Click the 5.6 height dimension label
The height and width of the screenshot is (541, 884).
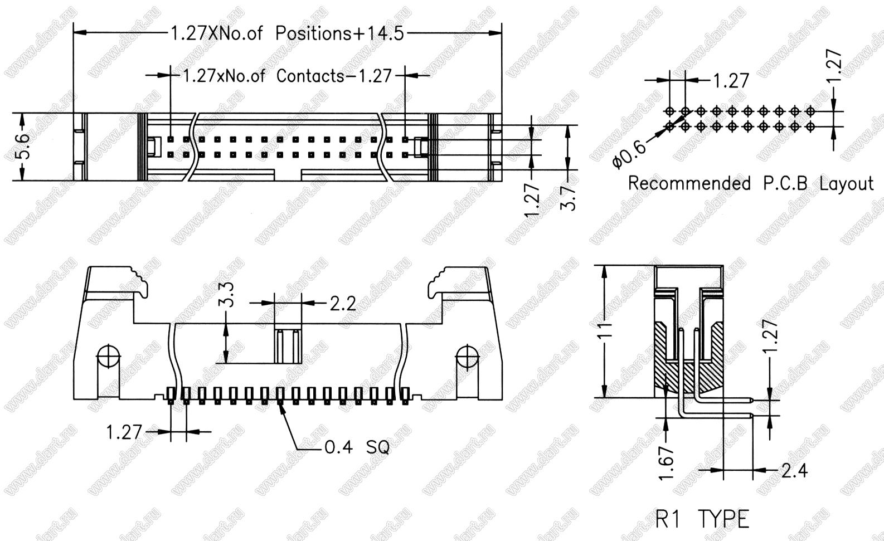[x=23, y=147]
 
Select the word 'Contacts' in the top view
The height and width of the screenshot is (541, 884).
[x=310, y=76]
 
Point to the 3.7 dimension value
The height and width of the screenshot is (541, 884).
[x=568, y=198]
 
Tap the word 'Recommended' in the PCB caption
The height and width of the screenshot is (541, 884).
[x=689, y=183]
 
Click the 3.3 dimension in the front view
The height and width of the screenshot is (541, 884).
[x=228, y=294]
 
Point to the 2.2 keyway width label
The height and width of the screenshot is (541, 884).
[x=343, y=304]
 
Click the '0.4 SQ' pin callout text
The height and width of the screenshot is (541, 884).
[x=357, y=447]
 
